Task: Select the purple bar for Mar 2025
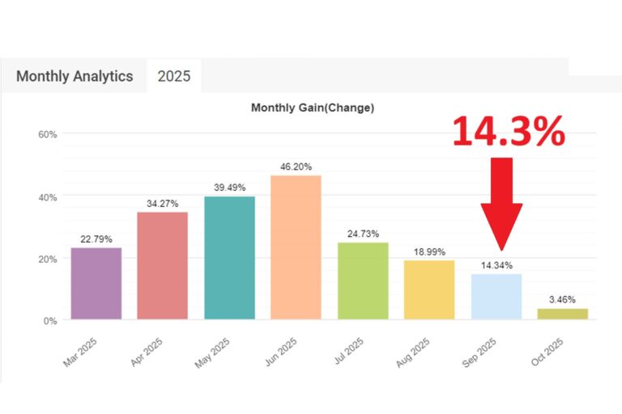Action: (96, 283)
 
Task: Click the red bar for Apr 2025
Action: (162, 265)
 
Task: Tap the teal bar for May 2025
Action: (229, 257)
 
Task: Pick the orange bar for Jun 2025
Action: (296, 247)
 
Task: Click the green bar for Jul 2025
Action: (363, 281)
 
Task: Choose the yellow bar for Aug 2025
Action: (429, 289)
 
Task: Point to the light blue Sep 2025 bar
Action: (496, 297)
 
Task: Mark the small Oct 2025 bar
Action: (562, 314)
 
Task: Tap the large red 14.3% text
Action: (508, 131)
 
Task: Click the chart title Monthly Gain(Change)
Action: (313, 107)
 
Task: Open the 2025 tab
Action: (174, 77)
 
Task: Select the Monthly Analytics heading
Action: (75, 77)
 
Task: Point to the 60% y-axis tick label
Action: (48, 135)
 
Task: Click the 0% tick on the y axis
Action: (50, 321)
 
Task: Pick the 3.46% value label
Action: (562, 299)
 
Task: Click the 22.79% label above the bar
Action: (96, 239)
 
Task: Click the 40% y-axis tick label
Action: (48, 197)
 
